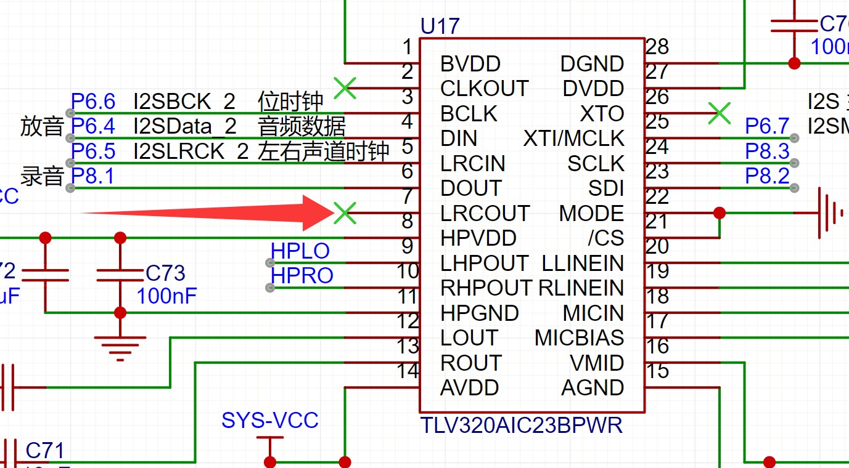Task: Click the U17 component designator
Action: click(x=440, y=26)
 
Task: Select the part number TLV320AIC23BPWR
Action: click(x=521, y=426)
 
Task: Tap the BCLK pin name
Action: click(x=469, y=114)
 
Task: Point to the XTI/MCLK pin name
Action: click(x=573, y=139)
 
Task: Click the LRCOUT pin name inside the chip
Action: click(x=485, y=214)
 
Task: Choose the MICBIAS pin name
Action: click(x=579, y=338)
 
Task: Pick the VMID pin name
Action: click(x=597, y=363)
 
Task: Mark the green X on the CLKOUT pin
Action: click(x=345, y=88)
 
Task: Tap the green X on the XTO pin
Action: click(x=719, y=113)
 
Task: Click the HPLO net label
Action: click(x=300, y=251)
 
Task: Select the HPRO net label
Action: click(x=302, y=276)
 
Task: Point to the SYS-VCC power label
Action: click(x=270, y=421)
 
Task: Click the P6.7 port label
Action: click(x=767, y=126)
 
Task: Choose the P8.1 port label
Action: click(x=92, y=177)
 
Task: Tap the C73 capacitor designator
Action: click(x=165, y=273)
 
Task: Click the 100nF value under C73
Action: click(x=166, y=296)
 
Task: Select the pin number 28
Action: click(x=657, y=47)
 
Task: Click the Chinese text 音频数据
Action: click(x=301, y=126)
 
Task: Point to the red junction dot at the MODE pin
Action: click(x=719, y=213)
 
